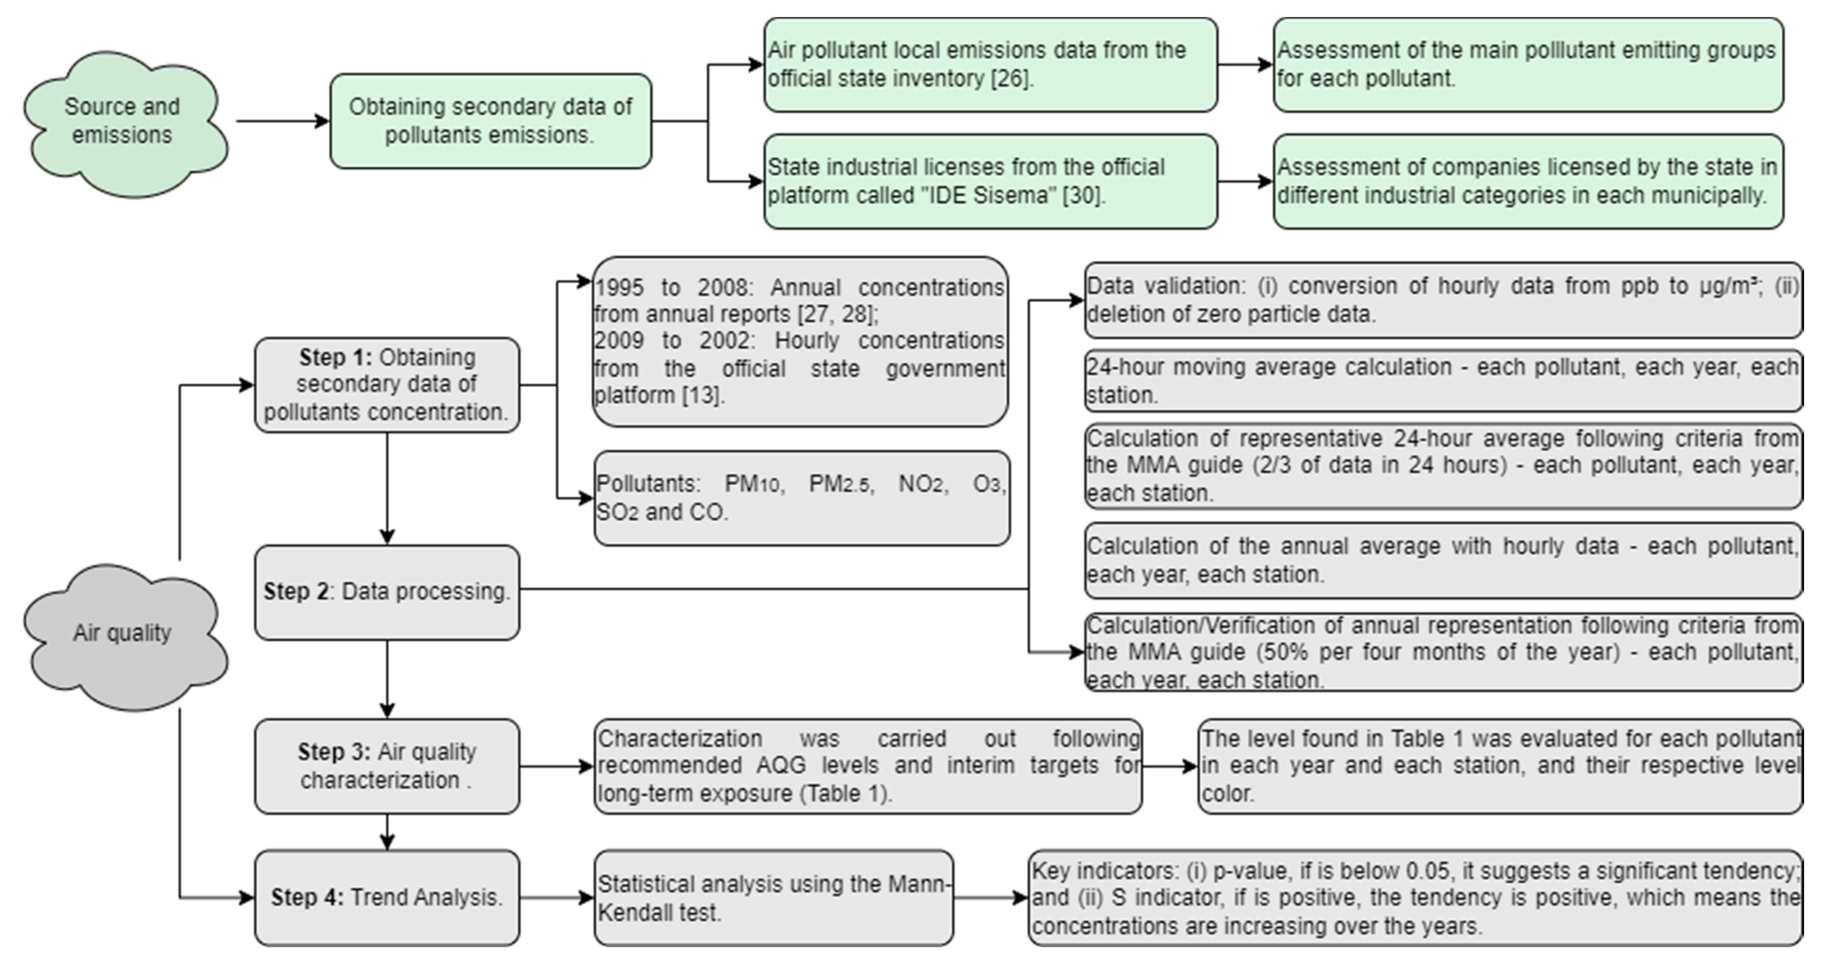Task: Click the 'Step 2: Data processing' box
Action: pyautogui.click(x=387, y=592)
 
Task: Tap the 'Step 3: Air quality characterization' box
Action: pyautogui.click(x=387, y=766)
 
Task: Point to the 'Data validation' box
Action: pyautogui.click(x=1443, y=300)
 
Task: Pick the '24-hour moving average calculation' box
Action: pyautogui.click(x=1443, y=381)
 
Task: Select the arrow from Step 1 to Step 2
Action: pyautogui.click(x=387, y=489)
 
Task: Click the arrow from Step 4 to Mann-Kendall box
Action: pyautogui.click(x=556, y=898)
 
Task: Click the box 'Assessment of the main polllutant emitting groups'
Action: pyautogui.click(x=1527, y=64)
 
